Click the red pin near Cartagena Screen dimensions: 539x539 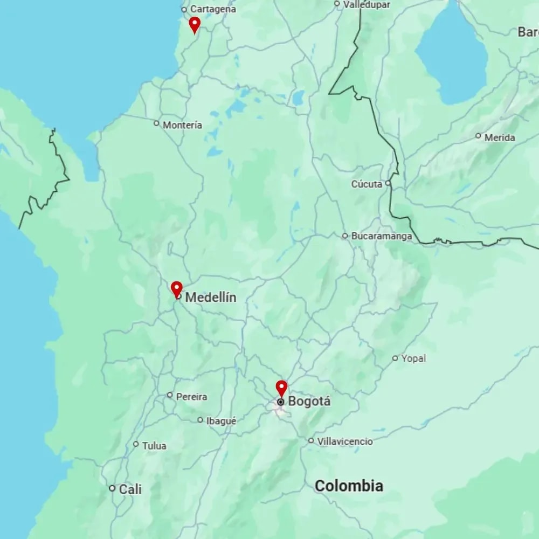(x=195, y=24)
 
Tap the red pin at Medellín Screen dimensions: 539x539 (x=176, y=289)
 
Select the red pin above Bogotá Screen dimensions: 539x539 (x=281, y=388)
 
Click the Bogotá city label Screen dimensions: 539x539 (x=309, y=402)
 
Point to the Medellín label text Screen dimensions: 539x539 (x=211, y=298)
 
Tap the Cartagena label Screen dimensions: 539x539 (x=213, y=9)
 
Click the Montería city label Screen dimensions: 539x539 (x=182, y=125)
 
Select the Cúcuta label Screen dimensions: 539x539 (x=367, y=184)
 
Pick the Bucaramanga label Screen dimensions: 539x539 (x=382, y=236)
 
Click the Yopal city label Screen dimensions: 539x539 (x=413, y=358)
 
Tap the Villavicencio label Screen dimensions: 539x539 (x=345, y=441)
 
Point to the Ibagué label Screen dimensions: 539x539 (x=222, y=421)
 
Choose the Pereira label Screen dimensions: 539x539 (x=191, y=397)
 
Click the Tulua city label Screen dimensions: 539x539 (x=154, y=446)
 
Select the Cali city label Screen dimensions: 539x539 (x=130, y=489)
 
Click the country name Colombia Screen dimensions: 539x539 (x=349, y=486)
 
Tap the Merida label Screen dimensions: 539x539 (x=500, y=137)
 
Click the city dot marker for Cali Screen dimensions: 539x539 (x=112, y=488)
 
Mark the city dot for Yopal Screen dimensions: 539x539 (x=395, y=358)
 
